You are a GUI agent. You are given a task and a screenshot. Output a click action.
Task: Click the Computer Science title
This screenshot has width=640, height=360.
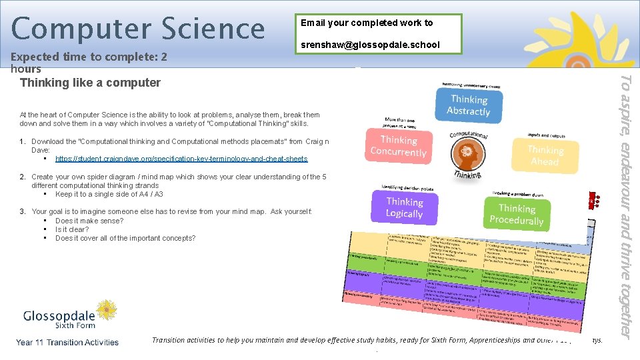138,28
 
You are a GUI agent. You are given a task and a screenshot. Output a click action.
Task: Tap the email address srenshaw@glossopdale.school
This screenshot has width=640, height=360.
370,45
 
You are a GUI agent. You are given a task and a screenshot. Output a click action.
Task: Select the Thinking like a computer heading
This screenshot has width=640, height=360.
91,83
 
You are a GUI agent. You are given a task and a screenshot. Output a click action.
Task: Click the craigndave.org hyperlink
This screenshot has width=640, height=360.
181,159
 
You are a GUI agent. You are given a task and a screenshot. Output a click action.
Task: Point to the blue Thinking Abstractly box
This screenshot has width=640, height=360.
468,105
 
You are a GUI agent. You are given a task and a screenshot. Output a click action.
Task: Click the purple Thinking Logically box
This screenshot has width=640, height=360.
404,207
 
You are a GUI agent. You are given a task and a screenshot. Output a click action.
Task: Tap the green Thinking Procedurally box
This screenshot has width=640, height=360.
516,214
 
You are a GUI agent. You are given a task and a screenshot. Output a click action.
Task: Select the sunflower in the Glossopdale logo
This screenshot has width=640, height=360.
107,309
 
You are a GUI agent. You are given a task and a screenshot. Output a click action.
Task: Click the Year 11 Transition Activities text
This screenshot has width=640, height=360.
67,343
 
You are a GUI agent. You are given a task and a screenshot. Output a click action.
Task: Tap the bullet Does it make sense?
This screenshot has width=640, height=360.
89,221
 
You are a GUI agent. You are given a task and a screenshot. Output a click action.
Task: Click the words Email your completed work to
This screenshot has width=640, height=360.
367,23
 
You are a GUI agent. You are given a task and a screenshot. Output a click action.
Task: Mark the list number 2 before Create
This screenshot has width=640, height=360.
23,177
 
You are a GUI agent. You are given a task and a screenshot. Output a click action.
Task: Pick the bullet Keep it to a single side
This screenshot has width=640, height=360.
109,195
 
